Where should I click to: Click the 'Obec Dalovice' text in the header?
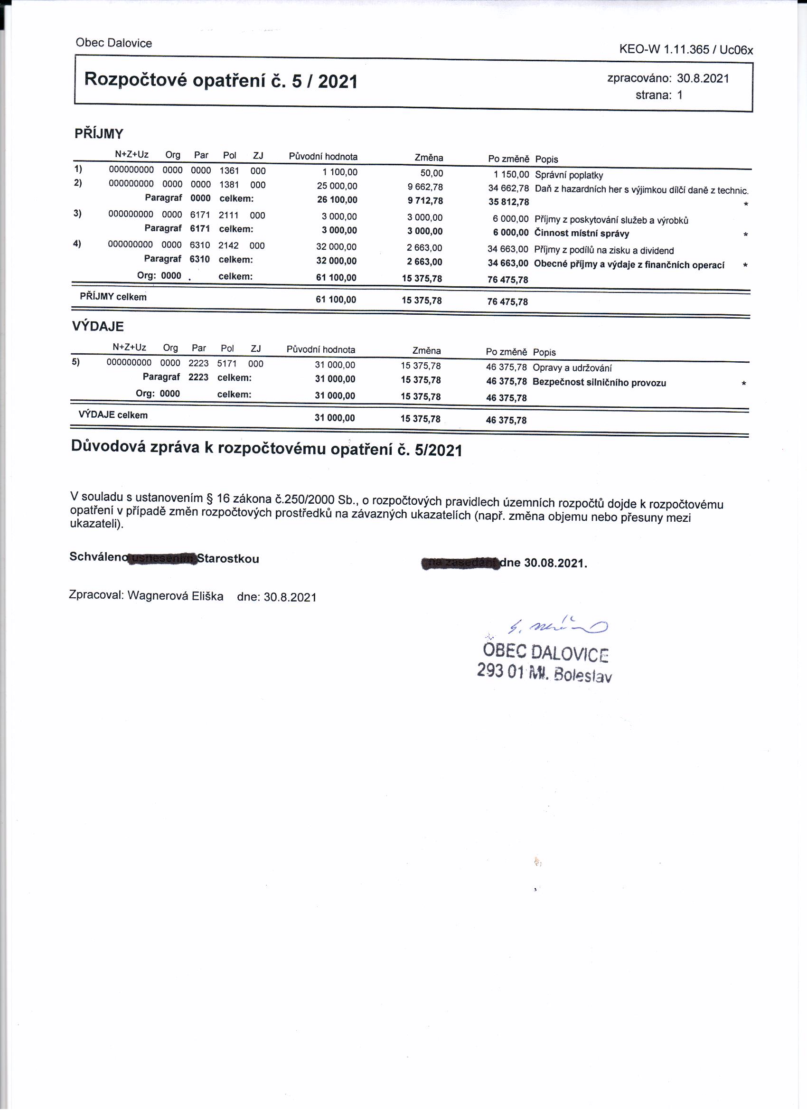pos(113,43)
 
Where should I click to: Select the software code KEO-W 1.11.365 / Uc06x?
pos(685,49)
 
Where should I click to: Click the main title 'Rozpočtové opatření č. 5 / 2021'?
pos(221,80)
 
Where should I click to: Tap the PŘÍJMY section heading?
pos(99,133)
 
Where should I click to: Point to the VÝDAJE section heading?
pos(98,327)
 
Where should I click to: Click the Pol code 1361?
pos(229,171)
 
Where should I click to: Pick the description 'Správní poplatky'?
pos(569,175)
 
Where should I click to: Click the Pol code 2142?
pos(228,245)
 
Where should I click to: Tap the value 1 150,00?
pos(511,174)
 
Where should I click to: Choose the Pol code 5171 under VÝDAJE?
pos(226,364)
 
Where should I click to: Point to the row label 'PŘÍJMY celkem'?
pos(113,297)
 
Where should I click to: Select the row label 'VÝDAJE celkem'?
pos(113,415)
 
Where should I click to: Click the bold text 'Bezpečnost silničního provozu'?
pos(599,383)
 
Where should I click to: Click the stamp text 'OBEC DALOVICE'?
pos(545,652)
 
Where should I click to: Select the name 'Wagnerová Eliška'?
pos(175,596)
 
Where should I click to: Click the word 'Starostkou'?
pos(228,559)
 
